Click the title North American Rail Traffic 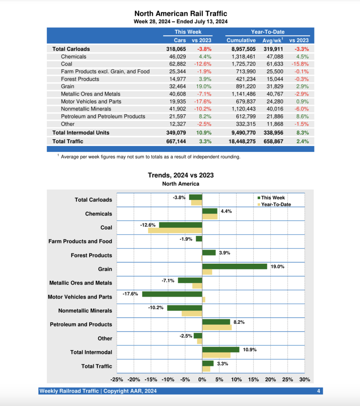(x=181, y=14)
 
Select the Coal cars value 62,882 (x=177, y=64)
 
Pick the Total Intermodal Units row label (x=81, y=132)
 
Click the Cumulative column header (x=241, y=40)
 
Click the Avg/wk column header (x=272, y=40)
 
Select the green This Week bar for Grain (x=234, y=266)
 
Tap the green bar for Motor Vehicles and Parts (x=172, y=294)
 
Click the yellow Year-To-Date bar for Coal (x=175, y=230)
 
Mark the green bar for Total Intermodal (x=221, y=349)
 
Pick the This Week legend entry (x=273, y=198)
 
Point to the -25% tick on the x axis (x=117, y=379)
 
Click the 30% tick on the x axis (x=304, y=379)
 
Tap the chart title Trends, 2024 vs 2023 (x=181, y=175)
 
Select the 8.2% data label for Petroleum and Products (x=239, y=322)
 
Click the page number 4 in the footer (x=318, y=391)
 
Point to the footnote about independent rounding (x=150, y=157)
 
